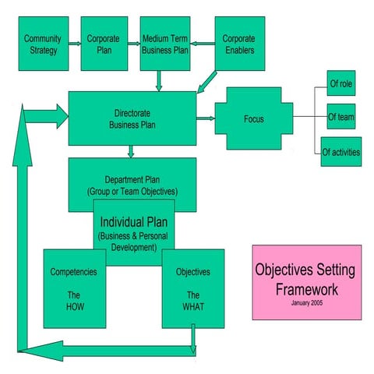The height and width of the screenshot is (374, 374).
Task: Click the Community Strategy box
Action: [x=42, y=43]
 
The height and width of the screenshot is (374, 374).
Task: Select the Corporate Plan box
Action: [x=104, y=43]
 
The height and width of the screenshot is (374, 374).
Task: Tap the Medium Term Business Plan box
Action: [x=164, y=43]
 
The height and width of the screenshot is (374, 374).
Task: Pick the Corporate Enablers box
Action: [x=238, y=43]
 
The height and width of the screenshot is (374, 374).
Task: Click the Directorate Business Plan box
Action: [x=132, y=118]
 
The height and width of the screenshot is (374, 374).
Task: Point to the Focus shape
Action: [x=253, y=119]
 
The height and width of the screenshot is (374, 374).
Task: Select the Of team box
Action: [x=340, y=117]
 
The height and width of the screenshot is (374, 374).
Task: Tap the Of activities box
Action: [x=340, y=152]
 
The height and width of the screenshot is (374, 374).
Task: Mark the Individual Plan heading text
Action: [x=134, y=221]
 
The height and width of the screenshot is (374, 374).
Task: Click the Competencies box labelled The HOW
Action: [x=74, y=288]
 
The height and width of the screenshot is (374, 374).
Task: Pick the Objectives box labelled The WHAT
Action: [x=192, y=288]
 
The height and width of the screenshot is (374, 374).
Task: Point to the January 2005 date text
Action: [x=306, y=302]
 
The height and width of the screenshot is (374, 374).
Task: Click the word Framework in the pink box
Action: [x=306, y=288]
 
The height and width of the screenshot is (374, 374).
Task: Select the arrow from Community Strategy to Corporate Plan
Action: [x=74, y=44]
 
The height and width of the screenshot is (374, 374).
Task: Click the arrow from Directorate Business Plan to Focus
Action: [x=206, y=118]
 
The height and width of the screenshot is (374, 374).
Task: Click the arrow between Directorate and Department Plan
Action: [x=132, y=151]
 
